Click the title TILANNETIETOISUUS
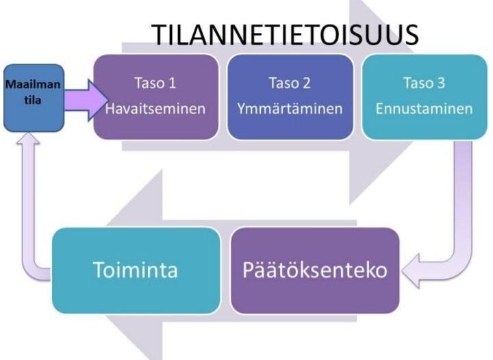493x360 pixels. [285, 34]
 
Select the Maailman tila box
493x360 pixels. [34, 98]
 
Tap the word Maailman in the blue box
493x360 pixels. [33, 84]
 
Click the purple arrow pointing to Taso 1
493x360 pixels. [86, 100]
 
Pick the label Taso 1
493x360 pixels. [155, 83]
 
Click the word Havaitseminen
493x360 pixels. [155, 109]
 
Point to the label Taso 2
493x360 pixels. [290, 83]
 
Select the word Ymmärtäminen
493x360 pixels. [290, 109]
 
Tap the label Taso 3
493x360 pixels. [424, 83]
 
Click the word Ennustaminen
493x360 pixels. [424, 109]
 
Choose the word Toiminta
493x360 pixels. [136, 270]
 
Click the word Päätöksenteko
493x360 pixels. [315, 270]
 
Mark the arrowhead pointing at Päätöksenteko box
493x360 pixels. [411, 270]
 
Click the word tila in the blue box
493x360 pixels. [33, 100]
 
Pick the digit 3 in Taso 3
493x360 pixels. [441, 83]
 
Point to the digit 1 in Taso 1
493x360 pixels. [172, 83]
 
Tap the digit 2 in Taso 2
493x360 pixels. [307, 83]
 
